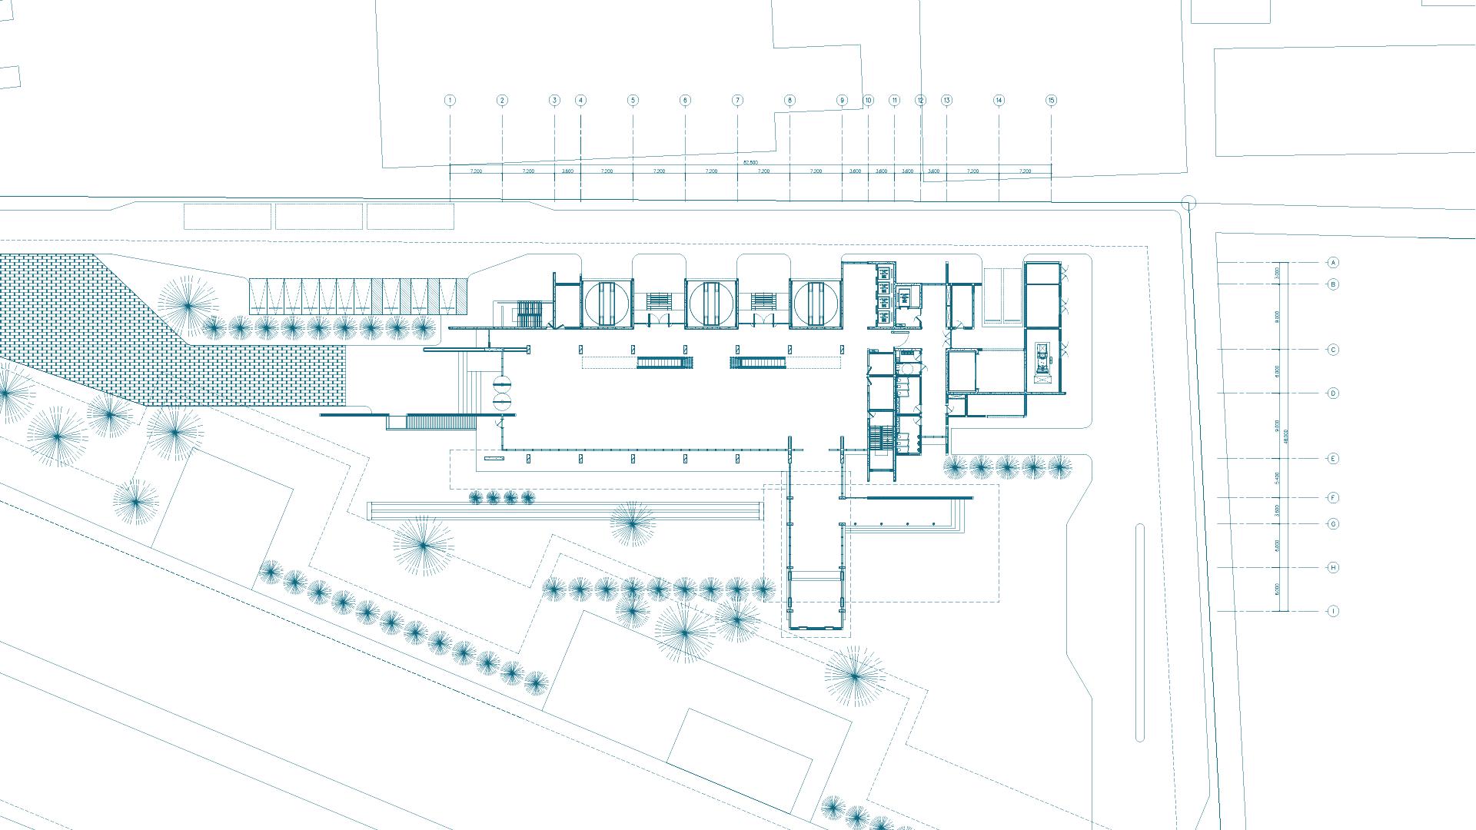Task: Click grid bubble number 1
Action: click(450, 100)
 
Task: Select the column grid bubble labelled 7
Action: click(737, 100)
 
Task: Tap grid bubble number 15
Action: click(1051, 100)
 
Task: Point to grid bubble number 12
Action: click(920, 100)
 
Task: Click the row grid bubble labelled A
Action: click(1333, 263)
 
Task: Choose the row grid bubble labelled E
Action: click(1333, 459)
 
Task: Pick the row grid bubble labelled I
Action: click(1333, 612)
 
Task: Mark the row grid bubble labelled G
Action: click(1333, 524)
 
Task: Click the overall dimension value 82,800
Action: click(750, 162)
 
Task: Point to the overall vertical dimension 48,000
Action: click(1285, 436)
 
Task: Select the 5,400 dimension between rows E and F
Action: click(1277, 478)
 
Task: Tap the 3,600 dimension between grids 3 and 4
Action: click(567, 171)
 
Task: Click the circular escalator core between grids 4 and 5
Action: click(607, 303)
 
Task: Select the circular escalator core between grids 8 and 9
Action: click(816, 303)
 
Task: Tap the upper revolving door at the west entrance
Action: click(501, 383)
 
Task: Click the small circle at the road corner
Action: click(1188, 203)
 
